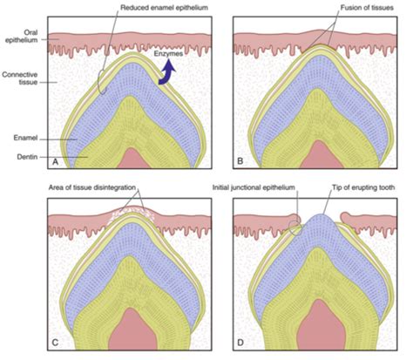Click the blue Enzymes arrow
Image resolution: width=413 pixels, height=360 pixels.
(166, 72)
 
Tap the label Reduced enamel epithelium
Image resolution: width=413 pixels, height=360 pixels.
(164, 8)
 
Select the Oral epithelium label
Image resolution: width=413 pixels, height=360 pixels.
(22, 36)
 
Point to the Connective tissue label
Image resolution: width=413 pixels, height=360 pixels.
(20, 78)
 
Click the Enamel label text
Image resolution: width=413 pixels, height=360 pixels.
(25, 138)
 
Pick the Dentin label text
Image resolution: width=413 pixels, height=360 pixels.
(27, 157)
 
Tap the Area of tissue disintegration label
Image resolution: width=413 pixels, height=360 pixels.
(92, 187)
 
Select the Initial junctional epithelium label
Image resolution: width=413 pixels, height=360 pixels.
(254, 187)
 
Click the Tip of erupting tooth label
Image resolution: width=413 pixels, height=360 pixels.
(363, 187)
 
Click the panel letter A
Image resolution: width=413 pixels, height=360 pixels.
(55, 162)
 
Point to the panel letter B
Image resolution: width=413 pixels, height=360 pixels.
(240, 161)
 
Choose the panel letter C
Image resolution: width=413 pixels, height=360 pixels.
(55, 343)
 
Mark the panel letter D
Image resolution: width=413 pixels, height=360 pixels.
(240, 343)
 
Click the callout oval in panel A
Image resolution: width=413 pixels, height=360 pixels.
(102, 82)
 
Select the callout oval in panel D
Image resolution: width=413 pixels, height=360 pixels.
(296, 228)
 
